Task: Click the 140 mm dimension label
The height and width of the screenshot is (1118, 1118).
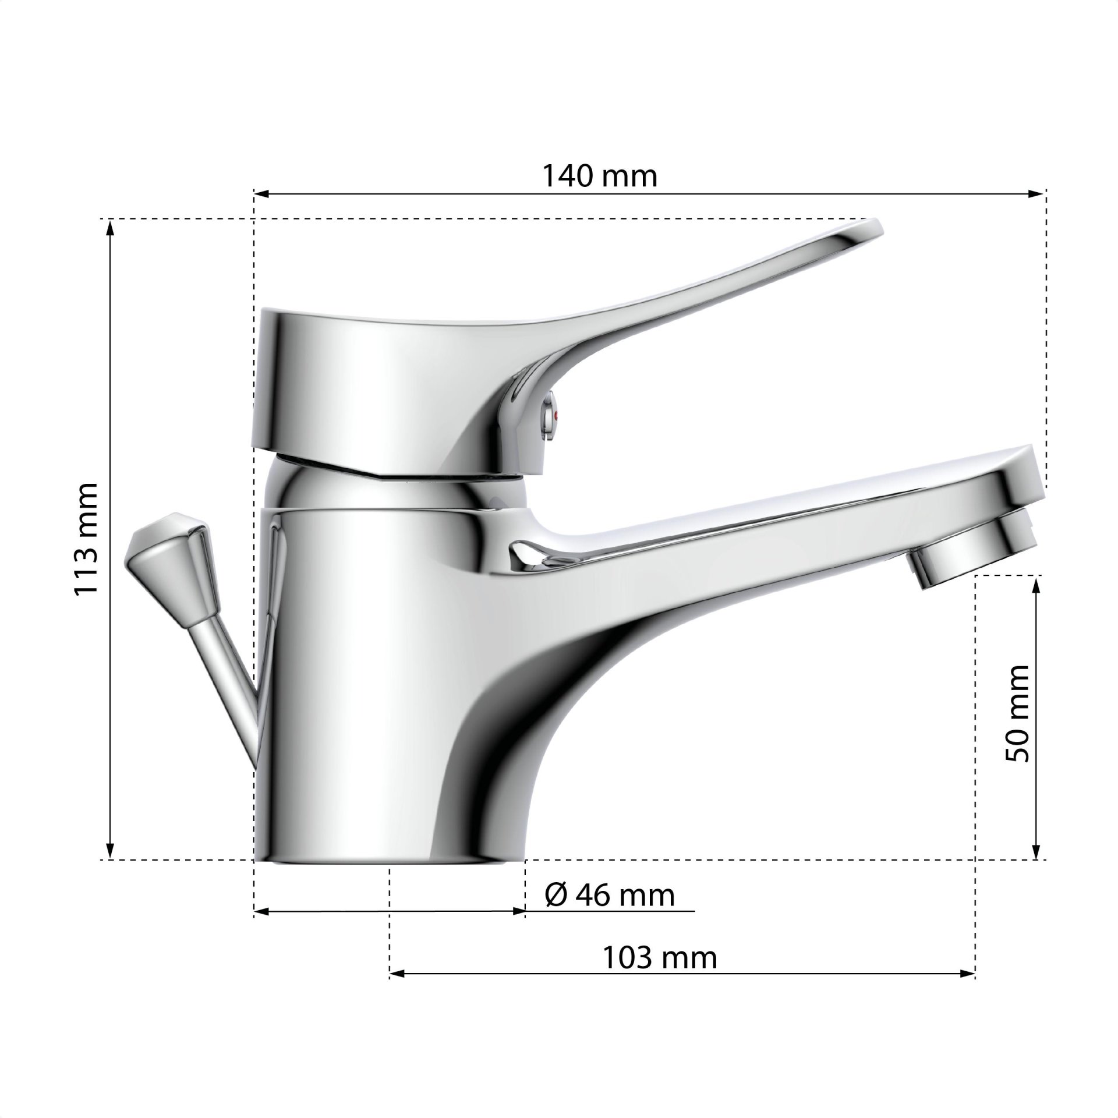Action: [599, 176]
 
